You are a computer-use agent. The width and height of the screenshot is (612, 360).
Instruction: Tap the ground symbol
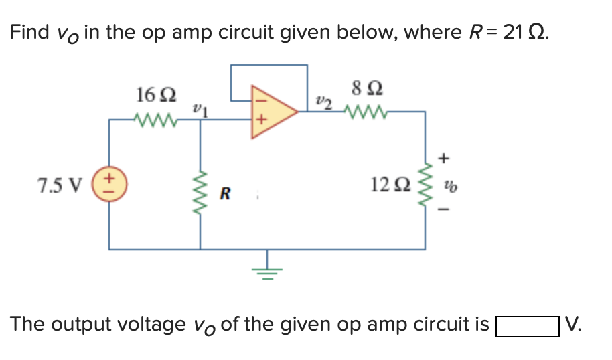tap(268, 271)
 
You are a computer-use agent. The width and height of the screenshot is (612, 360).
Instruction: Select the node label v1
tap(200, 109)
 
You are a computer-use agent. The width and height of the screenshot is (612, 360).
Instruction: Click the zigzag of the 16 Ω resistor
tap(155, 121)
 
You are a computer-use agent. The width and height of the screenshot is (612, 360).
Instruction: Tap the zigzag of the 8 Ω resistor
tap(365, 111)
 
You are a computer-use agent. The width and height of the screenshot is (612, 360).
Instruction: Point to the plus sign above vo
tap(445, 158)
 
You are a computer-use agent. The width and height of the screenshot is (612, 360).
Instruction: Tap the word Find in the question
tap(28, 31)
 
